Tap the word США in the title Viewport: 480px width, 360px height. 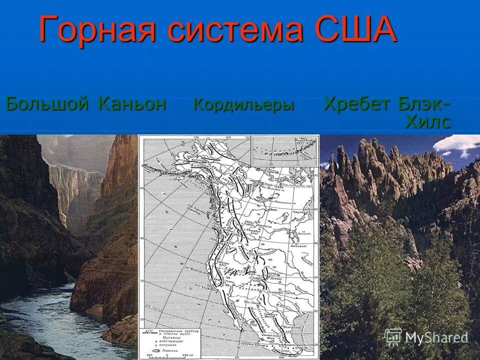(x=353, y=30)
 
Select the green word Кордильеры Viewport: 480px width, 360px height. (x=243, y=105)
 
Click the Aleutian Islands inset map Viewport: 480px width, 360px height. (x=284, y=150)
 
